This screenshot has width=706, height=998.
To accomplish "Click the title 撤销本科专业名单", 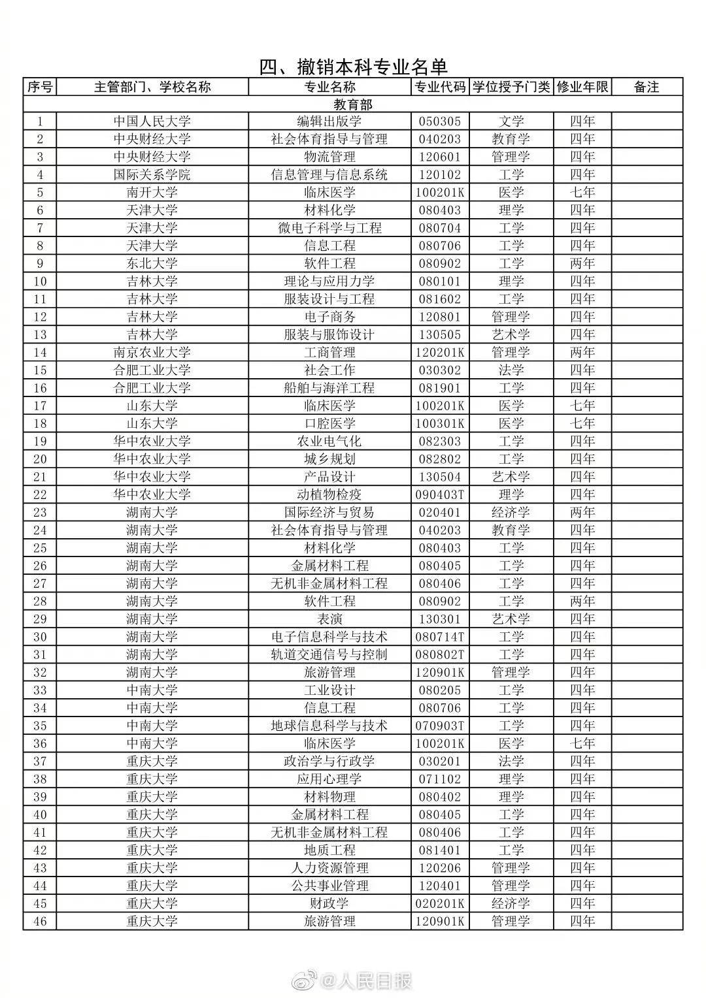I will click(353, 67).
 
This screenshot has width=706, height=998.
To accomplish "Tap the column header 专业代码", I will click(439, 87).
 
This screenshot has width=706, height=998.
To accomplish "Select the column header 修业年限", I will click(582, 87).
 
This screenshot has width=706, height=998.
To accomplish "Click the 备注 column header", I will click(647, 87).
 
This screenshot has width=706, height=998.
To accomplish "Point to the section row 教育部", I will click(353, 105).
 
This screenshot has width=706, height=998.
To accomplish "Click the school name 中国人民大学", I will click(152, 121).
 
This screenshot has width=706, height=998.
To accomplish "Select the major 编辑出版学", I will click(329, 121).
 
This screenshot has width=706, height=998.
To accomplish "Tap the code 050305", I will click(439, 121).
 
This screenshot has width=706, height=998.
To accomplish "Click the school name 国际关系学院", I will click(152, 175).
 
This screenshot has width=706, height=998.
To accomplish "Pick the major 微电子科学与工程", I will click(329, 228).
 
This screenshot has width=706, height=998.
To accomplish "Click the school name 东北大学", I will click(152, 264).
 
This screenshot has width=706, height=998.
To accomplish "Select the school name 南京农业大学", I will click(152, 353).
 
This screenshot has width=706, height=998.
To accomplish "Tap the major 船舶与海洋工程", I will click(329, 388).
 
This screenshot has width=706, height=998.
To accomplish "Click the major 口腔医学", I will click(329, 423).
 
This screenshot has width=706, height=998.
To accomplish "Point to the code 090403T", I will click(439, 494).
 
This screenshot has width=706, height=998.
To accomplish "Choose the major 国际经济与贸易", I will click(329, 512).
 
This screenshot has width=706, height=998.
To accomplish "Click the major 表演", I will click(329, 619).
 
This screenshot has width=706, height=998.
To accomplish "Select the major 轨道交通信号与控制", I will click(329, 654).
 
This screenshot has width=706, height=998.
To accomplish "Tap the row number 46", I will click(40, 921).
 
